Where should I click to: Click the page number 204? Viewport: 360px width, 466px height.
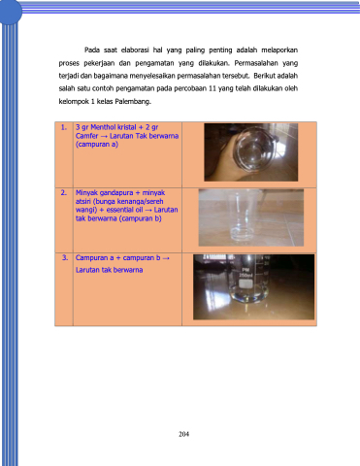pos(183,434)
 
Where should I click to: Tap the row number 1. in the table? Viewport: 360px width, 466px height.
pos(64,127)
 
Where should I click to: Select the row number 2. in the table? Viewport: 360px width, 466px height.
pos(64,193)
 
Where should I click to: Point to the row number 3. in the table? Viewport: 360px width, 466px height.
pos(65,258)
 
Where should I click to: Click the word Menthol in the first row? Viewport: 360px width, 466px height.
pos(103,127)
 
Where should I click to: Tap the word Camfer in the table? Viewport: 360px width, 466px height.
pos(86,136)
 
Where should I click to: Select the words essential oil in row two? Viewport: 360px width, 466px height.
pos(125,210)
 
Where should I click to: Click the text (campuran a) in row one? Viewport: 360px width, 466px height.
pos(97,145)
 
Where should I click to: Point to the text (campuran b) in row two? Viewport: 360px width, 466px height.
pos(141,218)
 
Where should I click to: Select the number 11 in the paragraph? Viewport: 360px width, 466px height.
pos(213,88)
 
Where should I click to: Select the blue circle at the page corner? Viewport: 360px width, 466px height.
pos(10,12)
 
